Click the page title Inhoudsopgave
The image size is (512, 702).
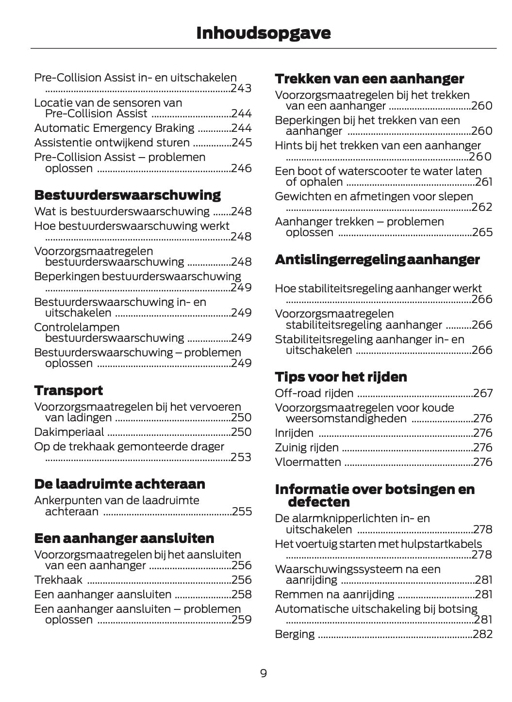click(x=263, y=33)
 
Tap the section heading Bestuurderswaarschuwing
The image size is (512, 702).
click(x=127, y=195)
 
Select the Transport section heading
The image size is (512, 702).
click(x=68, y=390)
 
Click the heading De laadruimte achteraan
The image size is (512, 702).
click(x=119, y=484)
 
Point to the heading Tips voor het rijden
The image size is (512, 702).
click(x=341, y=377)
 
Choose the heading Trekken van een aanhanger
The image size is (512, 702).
click(x=369, y=79)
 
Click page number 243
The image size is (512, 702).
click(x=241, y=89)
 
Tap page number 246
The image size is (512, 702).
click(x=241, y=168)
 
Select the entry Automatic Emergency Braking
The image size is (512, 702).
click(x=114, y=128)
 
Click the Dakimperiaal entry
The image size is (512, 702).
click(x=69, y=432)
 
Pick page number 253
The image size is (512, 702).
click(x=241, y=457)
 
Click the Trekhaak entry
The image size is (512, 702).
click(x=58, y=580)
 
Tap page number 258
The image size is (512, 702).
click(x=241, y=594)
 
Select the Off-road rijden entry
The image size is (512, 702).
click(x=314, y=393)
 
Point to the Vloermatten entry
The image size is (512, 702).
click(x=308, y=462)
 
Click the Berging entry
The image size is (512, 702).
click(x=295, y=634)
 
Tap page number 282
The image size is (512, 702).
click(x=482, y=634)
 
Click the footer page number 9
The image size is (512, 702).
click(x=263, y=673)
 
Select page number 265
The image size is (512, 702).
click(x=482, y=232)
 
